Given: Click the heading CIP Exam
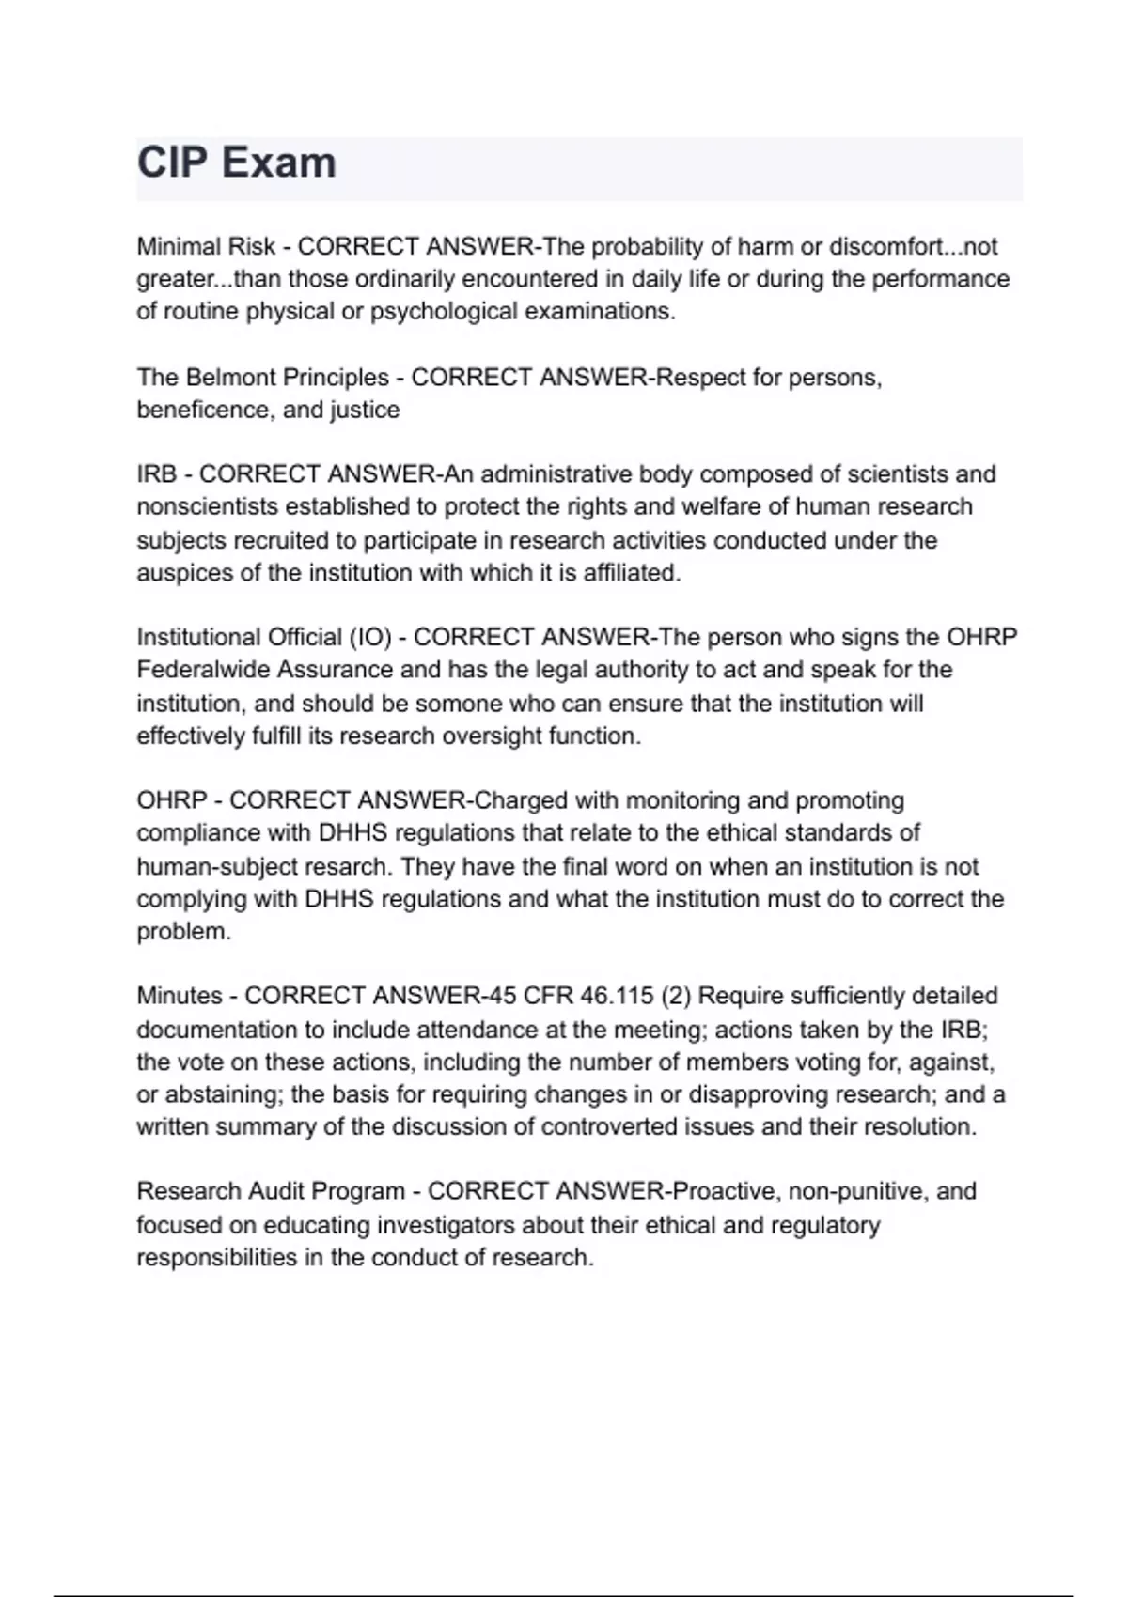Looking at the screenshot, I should pyautogui.click(x=237, y=163).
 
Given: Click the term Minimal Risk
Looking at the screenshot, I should pyautogui.click(x=206, y=247).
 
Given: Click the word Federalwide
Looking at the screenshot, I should pyautogui.click(x=204, y=671).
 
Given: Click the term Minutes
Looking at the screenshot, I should pyautogui.click(x=180, y=996).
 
